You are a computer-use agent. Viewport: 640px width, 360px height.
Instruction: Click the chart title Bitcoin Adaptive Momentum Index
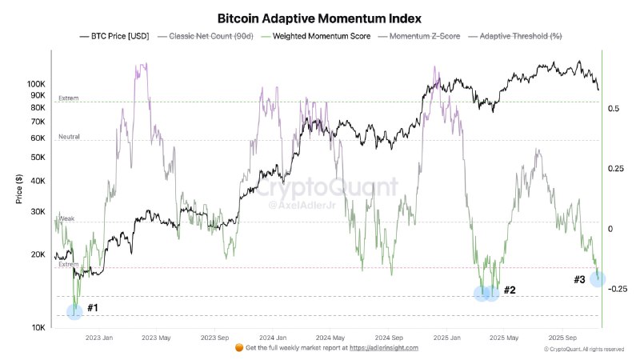click(319, 18)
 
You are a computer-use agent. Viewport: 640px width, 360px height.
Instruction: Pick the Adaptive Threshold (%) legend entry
click(520, 37)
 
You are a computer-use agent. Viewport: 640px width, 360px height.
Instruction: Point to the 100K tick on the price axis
click(37, 84)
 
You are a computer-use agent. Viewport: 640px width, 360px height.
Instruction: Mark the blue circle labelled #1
click(74, 311)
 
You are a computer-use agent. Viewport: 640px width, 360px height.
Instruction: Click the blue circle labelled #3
click(598, 278)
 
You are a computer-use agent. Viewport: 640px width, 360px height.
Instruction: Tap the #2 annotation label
click(508, 290)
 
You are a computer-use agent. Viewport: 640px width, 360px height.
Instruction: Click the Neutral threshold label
click(70, 137)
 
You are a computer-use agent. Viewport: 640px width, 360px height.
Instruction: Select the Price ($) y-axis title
click(19, 189)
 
